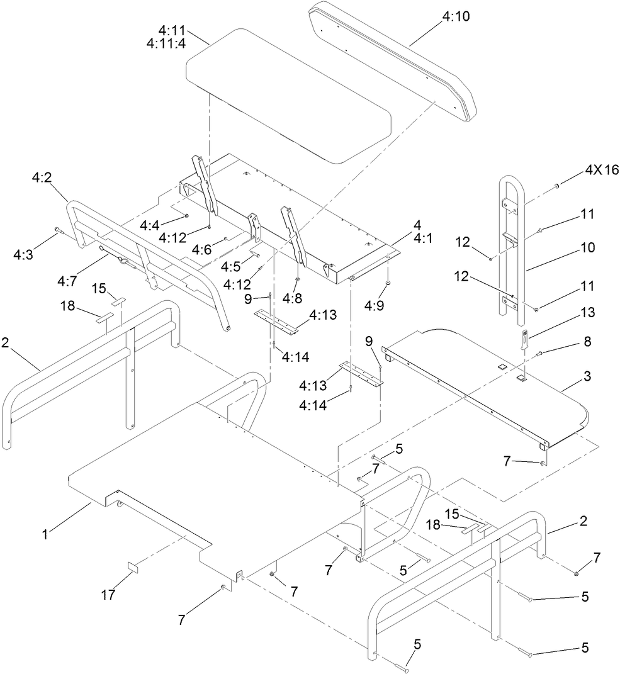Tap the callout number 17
(109, 595)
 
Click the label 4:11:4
(166, 43)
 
